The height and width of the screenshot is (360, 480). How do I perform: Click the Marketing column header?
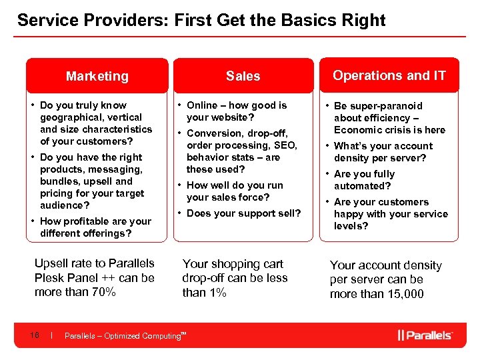(x=97, y=76)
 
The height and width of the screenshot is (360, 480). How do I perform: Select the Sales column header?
(x=243, y=76)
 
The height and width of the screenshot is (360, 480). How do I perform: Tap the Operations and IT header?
(x=389, y=75)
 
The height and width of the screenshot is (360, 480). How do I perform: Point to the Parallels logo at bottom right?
(x=425, y=335)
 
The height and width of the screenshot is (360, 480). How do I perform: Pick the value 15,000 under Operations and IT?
(x=401, y=295)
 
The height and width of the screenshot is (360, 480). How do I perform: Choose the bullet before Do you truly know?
(x=33, y=105)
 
